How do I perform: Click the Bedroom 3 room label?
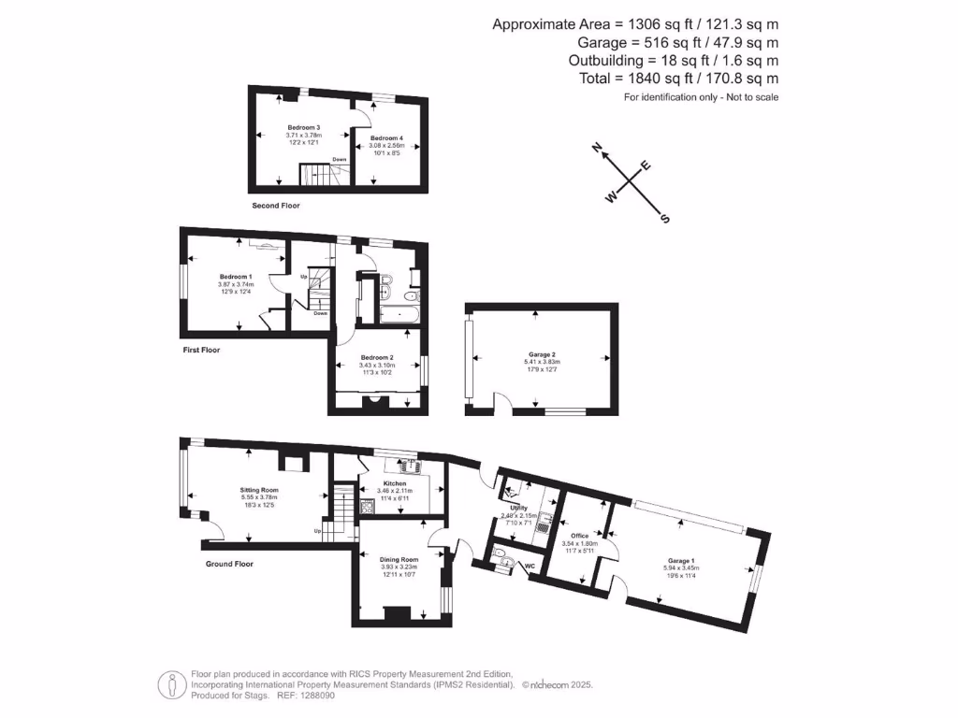[303, 127]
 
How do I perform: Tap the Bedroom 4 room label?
[385, 138]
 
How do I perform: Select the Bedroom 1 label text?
[235, 277]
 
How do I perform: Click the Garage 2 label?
[541, 355]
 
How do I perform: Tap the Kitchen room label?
[393, 483]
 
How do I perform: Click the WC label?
[529, 566]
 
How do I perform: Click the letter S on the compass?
[665, 219]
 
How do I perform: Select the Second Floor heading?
[276, 205]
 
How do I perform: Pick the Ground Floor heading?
[229, 564]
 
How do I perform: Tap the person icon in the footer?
[170, 683]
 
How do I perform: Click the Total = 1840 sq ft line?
[678, 79]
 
